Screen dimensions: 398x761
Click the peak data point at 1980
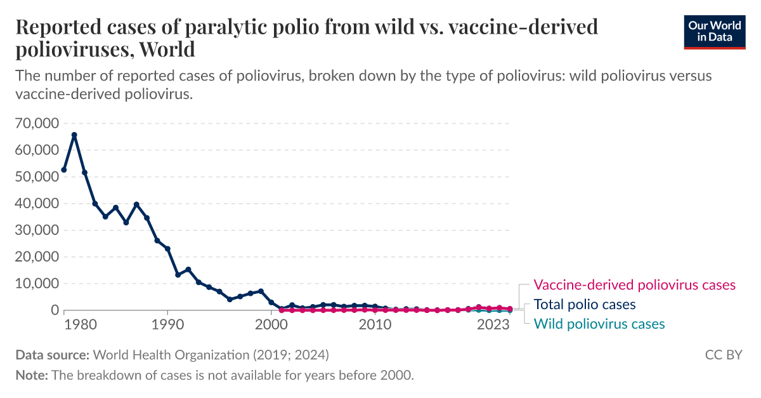(x=74, y=135)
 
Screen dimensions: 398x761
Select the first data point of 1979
(x=63, y=170)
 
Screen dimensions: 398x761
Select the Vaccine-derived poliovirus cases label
(x=634, y=285)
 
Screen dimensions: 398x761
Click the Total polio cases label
(x=584, y=305)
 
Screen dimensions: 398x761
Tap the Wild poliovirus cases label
(x=599, y=324)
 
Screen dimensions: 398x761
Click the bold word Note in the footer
(x=30, y=375)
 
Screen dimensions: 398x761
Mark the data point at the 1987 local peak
(x=136, y=204)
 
